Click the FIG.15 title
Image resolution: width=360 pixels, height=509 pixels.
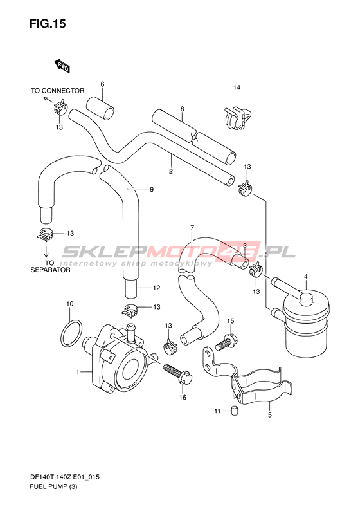coord(48,24)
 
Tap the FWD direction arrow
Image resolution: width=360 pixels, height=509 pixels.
coord(62,66)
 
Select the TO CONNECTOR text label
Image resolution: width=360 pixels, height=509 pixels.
coord(58,91)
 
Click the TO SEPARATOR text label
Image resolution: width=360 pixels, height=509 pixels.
coord(50,266)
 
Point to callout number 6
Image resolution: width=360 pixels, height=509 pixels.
coord(102,84)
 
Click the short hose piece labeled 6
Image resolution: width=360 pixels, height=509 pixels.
coord(100,108)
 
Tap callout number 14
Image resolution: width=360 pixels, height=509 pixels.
coord(237,88)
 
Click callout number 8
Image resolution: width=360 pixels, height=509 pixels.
coord(183,109)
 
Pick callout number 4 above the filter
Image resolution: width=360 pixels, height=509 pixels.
coord(305,277)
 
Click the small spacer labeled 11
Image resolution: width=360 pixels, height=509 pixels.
coord(233,411)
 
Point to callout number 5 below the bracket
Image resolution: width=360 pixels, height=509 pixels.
coord(270,415)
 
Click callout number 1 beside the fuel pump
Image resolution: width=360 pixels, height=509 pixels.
coord(78,372)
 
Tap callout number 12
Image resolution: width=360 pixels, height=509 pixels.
coord(157,288)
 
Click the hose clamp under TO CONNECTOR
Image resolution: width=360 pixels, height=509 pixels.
coord(60,107)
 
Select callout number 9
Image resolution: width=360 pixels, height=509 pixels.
coord(152,190)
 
